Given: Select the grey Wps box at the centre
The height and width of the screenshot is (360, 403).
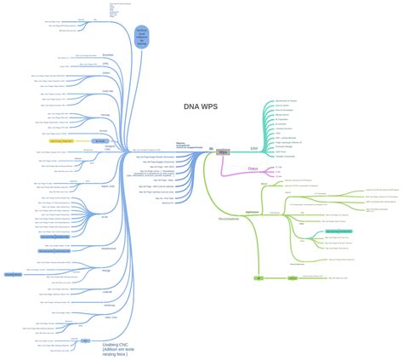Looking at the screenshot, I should tap(224, 151).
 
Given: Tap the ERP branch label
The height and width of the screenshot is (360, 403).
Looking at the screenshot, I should tap(253, 147).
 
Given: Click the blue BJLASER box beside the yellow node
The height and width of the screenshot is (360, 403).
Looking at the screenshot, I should tap(100, 140).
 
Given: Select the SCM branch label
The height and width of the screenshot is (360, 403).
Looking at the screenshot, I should tap(105, 216).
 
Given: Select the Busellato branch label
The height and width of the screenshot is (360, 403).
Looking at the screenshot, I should tap(107, 54).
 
